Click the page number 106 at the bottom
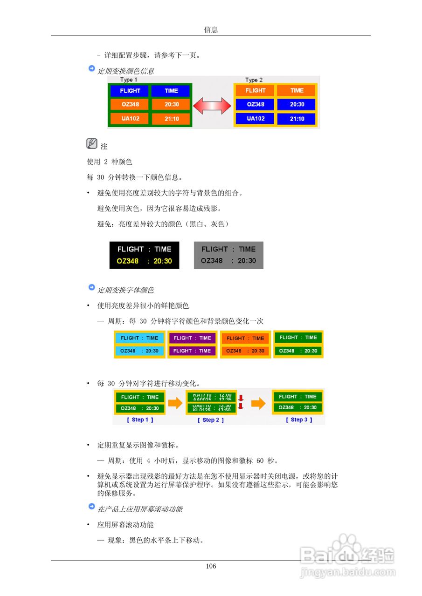[x=211, y=566]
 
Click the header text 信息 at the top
[x=211, y=30]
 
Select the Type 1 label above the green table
[x=129, y=80]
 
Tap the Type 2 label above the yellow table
[x=254, y=80]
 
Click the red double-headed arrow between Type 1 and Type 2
[x=212, y=106]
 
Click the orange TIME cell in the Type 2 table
[x=297, y=90]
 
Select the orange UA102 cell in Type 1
[x=130, y=119]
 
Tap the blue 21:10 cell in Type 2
[x=297, y=119]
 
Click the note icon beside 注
[x=91, y=144]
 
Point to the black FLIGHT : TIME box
[x=144, y=255]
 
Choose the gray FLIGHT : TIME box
[x=228, y=255]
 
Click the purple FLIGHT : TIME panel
[x=192, y=345]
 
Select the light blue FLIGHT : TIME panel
[x=139, y=345]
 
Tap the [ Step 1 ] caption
[x=140, y=420]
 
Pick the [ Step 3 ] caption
[x=299, y=420]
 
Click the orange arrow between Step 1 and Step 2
[x=175, y=403]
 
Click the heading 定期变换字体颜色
[x=125, y=290]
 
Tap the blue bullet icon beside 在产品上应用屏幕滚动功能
[x=91, y=507]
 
